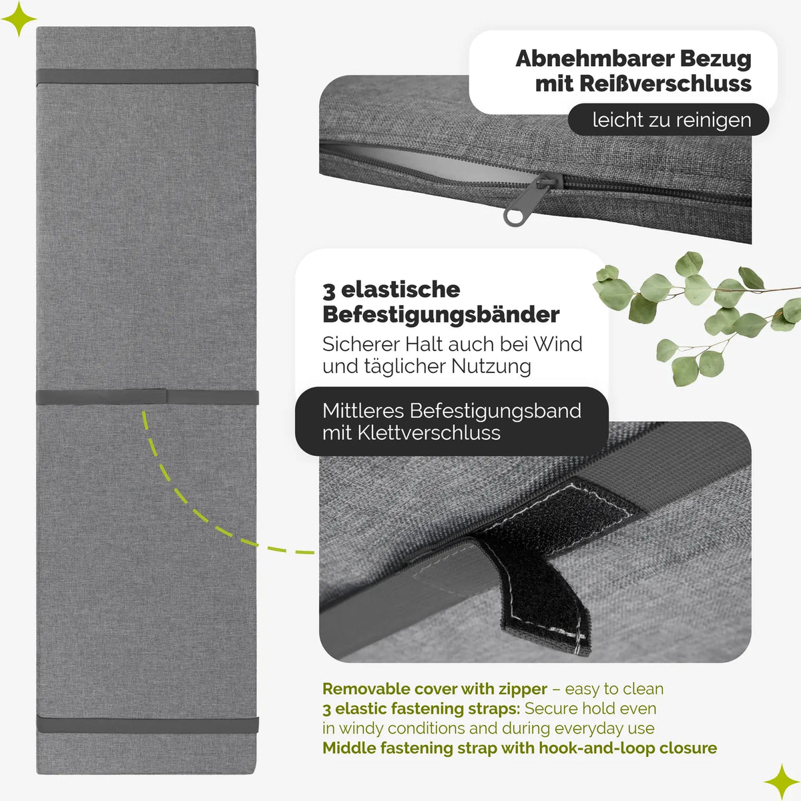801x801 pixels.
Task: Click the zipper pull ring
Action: (x=514, y=216)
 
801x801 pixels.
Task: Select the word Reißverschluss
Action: (x=665, y=83)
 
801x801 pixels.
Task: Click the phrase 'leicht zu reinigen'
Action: (x=672, y=119)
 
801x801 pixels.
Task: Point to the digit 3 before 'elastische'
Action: (x=328, y=290)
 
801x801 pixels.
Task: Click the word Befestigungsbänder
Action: (x=441, y=314)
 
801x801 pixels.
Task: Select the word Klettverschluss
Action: (x=429, y=433)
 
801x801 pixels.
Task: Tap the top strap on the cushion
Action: (x=147, y=77)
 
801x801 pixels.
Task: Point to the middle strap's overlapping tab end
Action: (x=166, y=396)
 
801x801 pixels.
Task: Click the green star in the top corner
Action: (x=18, y=18)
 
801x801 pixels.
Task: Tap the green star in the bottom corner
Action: (x=782, y=782)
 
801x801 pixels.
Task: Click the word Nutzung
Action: (x=491, y=367)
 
